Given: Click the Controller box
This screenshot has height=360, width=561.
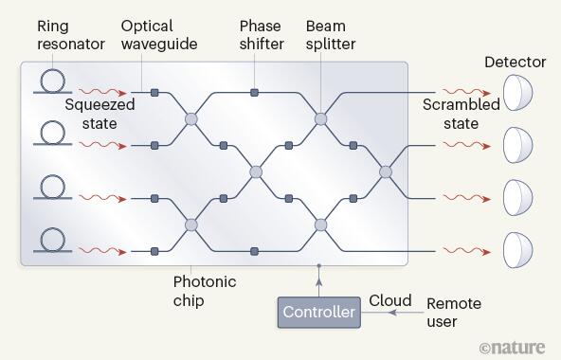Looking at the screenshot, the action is coord(319,312).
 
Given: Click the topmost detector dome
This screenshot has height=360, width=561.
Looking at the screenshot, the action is coord(517,92).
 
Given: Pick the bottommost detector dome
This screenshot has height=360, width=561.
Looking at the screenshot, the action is coord(517,250).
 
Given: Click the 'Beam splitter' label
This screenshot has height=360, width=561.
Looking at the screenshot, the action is coord(331,35).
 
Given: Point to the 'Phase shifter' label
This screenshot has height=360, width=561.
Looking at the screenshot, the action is coord(262,35).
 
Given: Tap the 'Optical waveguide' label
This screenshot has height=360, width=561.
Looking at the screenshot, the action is coord(159,35).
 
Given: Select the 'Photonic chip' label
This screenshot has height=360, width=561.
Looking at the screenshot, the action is coord(205,291).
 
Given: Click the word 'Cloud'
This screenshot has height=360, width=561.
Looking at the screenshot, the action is coord(390,300).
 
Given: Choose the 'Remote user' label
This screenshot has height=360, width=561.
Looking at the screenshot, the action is coord(454,313).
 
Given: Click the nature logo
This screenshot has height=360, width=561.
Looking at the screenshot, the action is coord(513,348).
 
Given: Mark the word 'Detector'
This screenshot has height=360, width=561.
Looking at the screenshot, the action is coord(516,63).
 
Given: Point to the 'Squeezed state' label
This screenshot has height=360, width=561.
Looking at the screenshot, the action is coord(100,114).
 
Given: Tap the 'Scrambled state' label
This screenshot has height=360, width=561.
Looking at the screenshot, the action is coord(461,114).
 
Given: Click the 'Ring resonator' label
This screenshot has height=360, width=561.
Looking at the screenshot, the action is coord(71,35).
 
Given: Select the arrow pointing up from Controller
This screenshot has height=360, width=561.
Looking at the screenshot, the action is coord(319,281).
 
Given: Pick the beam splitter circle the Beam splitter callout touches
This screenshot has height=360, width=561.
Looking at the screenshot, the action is coord(320,118).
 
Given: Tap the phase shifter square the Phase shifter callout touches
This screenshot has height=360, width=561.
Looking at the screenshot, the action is coord(254,93).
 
